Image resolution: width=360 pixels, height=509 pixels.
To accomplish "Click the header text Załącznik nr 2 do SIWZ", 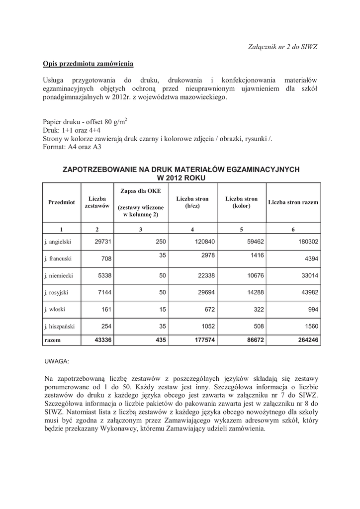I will [282, 46].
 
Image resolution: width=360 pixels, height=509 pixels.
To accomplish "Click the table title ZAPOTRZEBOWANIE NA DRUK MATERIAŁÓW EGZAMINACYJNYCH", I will [180, 170].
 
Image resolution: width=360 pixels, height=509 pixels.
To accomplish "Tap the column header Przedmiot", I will [61, 202].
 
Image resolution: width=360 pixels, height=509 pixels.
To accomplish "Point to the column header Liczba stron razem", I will [293, 202].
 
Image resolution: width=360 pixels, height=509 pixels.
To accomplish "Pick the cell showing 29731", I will [102, 242].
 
